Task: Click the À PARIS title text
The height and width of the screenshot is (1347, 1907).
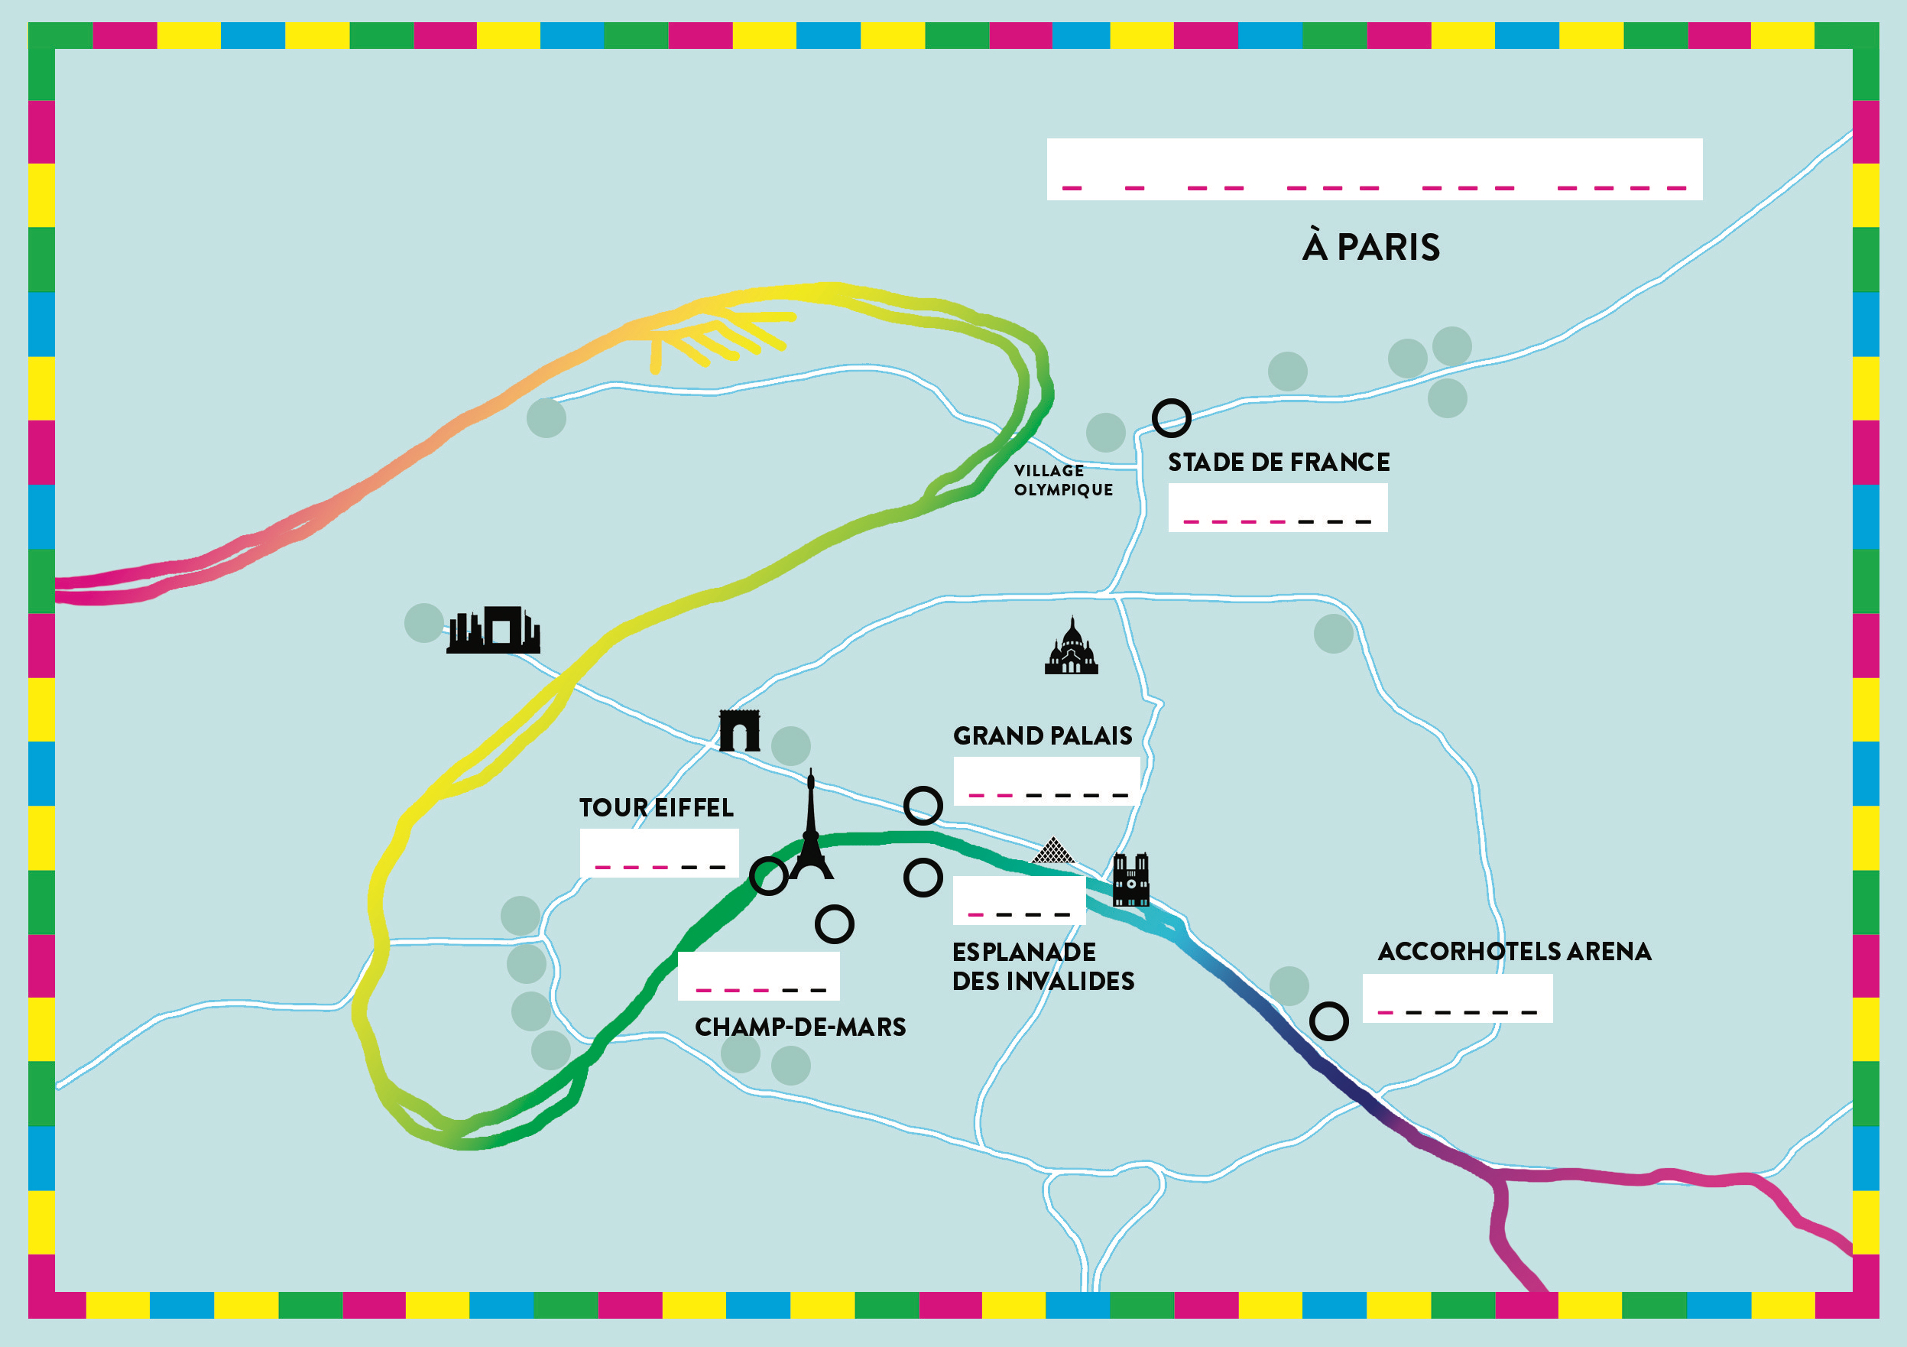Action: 1370,247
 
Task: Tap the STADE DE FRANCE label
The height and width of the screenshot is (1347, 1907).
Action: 1278,462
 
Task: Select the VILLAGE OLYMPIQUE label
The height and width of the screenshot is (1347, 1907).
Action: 1062,480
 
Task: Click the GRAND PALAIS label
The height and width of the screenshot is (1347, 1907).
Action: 1043,735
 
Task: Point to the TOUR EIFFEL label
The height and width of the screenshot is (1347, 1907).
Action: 656,808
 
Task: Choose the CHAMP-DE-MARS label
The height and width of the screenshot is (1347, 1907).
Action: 799,1027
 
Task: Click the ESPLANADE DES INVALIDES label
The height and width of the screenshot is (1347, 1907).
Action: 1043,966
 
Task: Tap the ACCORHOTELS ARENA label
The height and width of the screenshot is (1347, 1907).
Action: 1514,952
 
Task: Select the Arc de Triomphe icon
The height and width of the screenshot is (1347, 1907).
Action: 739,730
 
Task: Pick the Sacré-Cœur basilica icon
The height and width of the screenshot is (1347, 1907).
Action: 1072,647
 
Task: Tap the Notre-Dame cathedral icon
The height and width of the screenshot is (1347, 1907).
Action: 1130,879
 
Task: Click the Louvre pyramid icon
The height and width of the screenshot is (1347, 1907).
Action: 1053,851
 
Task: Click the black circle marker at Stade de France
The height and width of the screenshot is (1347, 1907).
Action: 1171,417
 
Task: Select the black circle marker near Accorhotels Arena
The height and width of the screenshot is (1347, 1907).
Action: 1329,1021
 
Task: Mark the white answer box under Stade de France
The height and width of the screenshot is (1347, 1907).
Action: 1277,507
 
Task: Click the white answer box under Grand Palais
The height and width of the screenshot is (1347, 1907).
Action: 1046,781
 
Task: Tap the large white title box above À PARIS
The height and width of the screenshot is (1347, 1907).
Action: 1374,169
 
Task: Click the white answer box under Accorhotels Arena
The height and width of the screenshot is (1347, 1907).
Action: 1458,998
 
